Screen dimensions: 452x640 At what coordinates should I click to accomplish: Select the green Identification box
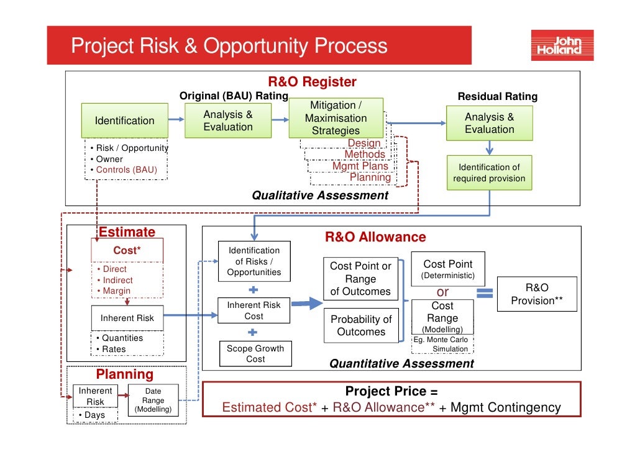point(124,120)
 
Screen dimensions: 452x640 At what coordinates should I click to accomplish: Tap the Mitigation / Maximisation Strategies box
point(336,118)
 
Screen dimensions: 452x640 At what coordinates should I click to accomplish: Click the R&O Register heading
point(312,82)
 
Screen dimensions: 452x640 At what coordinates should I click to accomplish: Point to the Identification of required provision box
point(489,173)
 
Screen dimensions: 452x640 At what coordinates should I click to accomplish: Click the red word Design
point(364,143)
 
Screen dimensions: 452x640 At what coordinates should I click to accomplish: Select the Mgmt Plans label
point(360,166)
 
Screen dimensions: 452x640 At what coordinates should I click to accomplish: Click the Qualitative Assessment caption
point(319,196)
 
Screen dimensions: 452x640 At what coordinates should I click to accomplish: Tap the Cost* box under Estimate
point(127,250)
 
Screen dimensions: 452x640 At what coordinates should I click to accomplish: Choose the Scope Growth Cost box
point(255,353)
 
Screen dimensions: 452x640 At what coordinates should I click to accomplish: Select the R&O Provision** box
point(537,294)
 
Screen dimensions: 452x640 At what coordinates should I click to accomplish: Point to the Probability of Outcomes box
point(361,325)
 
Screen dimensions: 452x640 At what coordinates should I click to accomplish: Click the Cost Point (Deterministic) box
point(447,269)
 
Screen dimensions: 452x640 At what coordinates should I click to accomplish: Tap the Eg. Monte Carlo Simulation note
point(441,344)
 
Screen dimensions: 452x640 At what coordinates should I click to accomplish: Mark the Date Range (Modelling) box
point(153,400)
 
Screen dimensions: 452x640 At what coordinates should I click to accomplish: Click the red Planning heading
point(124,374)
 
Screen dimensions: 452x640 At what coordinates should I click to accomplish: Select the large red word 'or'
point(442,292)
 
